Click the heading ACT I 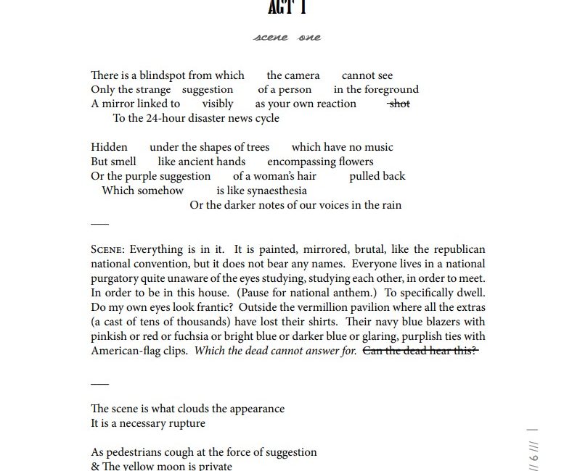pyautogui.click(x=287, y=7)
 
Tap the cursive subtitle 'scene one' pyautogui.click(x=287, y=38)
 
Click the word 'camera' pyautogui.click(x=293, y=75)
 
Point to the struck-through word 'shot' pyautogui.click(x=399, y=104)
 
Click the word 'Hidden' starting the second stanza pyautogui.click(x=109, y=147)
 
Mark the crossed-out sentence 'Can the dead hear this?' pyautogui.click(x=420, y=351)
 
